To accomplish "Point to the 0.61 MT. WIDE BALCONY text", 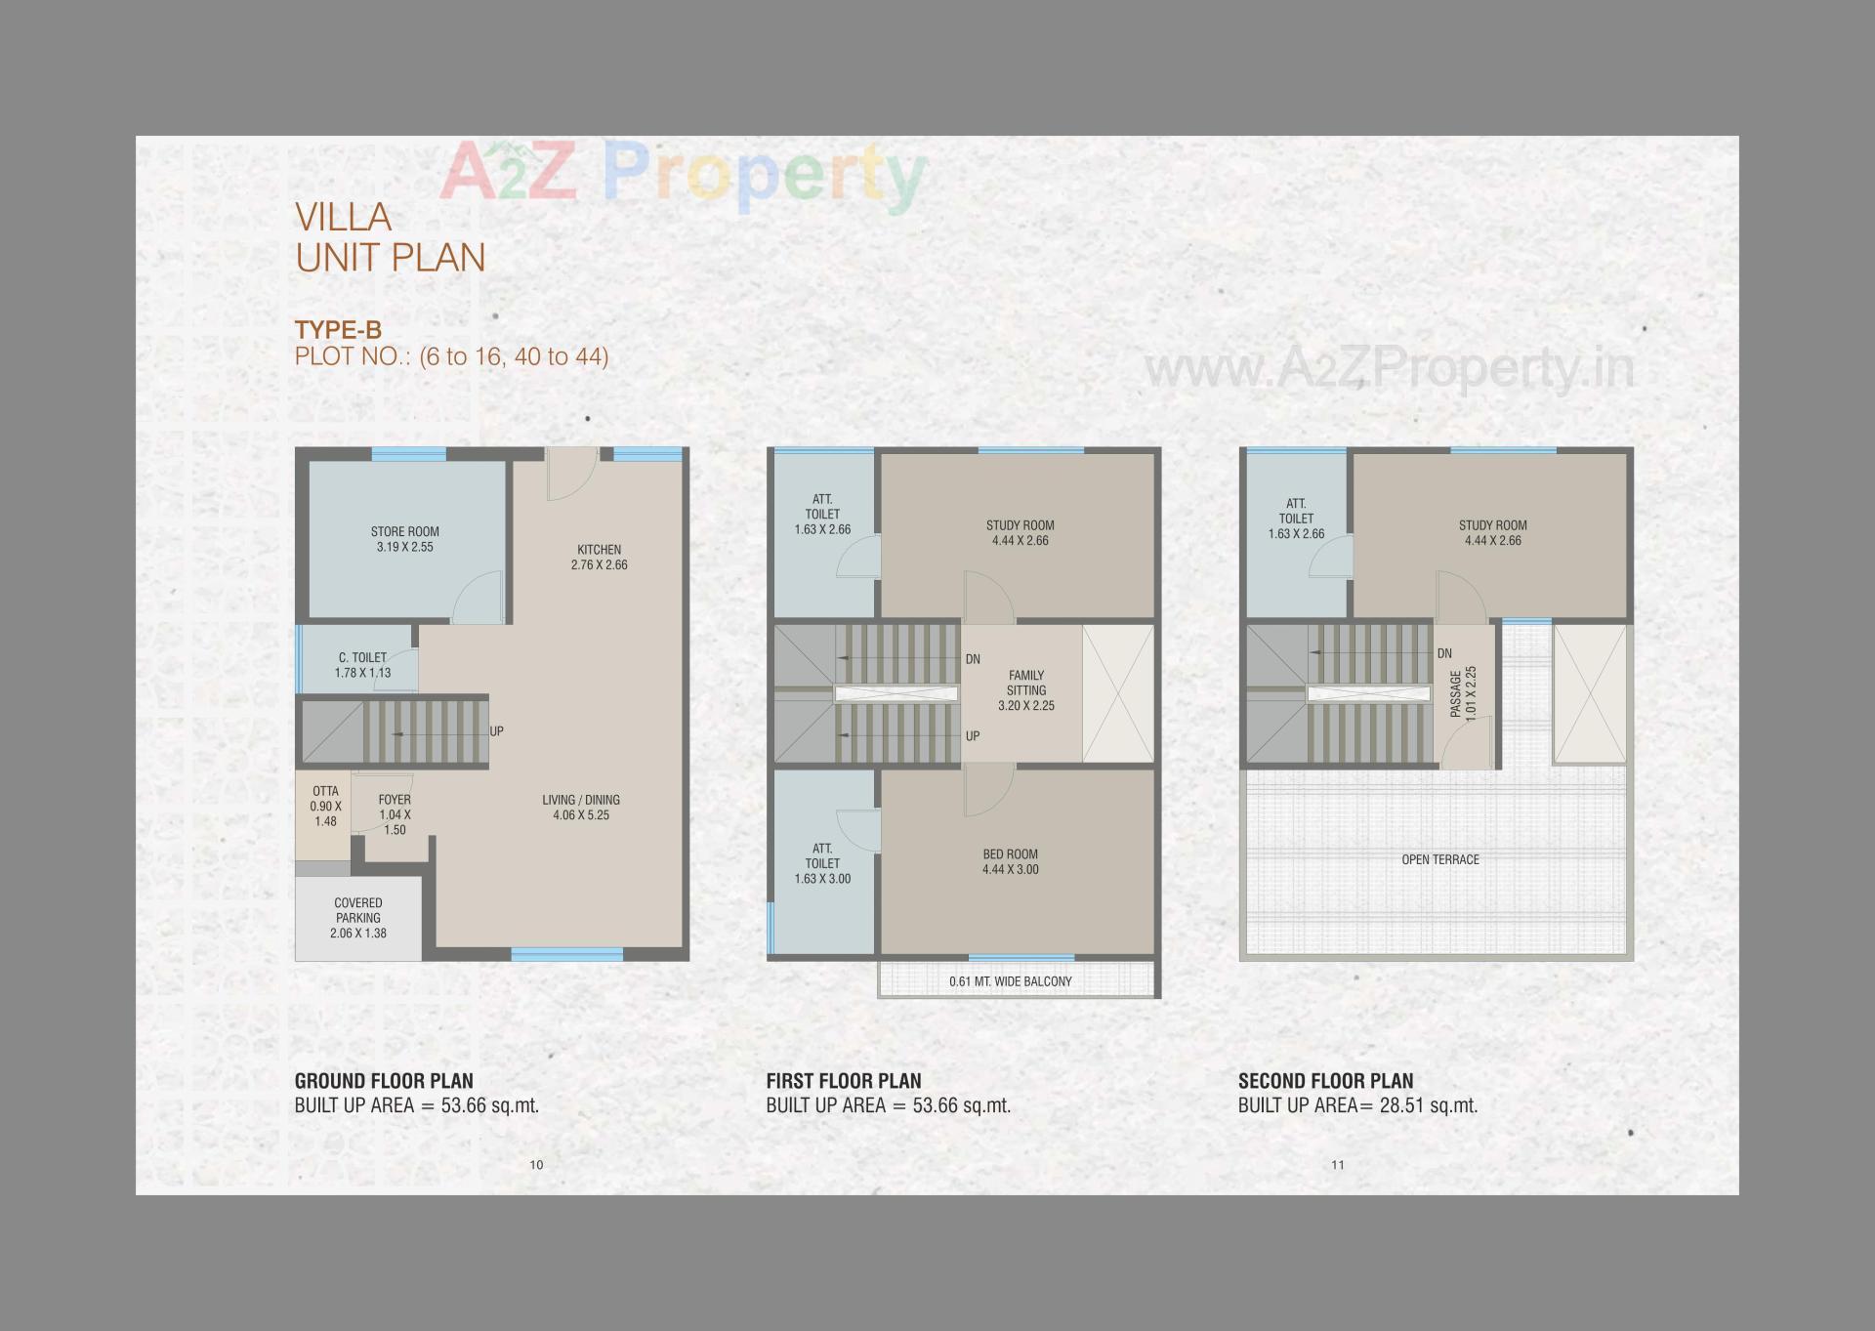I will point(1010,981).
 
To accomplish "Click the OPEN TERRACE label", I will point(1440,859).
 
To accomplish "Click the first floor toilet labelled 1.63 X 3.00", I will point(822,863).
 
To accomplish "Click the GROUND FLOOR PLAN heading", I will point(384,1081).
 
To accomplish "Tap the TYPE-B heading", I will point(338,330).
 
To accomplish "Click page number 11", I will point(1338,1164).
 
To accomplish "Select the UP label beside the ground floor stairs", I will point(496,731).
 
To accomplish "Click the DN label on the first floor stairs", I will point(973,659).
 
